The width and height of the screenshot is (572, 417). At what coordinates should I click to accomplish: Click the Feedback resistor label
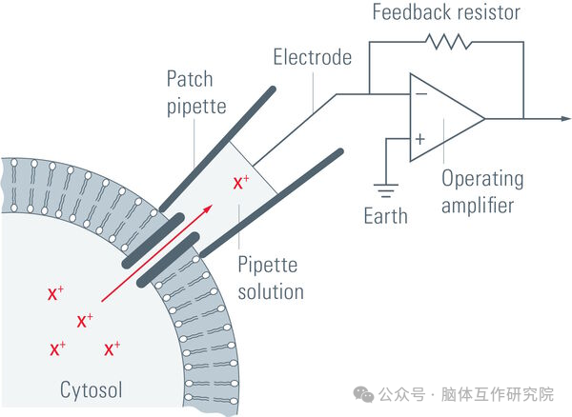point(445,14)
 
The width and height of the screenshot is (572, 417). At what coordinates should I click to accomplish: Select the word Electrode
point(312,57)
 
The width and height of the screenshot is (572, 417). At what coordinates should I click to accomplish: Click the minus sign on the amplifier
point(419,94)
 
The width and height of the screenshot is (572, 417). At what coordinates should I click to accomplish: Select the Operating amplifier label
point(481,191)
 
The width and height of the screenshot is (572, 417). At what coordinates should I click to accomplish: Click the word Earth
point(385,214)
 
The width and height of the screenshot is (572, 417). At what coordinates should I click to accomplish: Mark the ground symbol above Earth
point(385,186)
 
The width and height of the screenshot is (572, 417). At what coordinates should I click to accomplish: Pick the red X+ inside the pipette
point(242,180)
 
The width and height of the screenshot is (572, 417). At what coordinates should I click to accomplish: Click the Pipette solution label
point(270,275)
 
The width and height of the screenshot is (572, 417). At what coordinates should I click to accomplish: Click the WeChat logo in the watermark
point(363,393)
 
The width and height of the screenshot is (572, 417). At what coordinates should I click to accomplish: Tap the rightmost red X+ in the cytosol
point(112,349)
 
